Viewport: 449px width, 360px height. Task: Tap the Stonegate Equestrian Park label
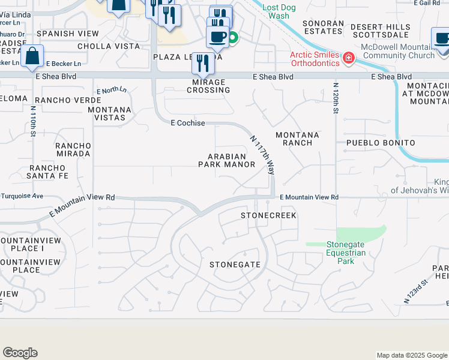[346, 253]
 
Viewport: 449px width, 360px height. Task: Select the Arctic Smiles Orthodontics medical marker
[348, 58]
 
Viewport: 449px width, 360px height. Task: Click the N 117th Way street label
[262, 154]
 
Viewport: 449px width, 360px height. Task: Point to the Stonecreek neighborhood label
[268, 215]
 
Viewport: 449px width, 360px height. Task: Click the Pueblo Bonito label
[381, 143]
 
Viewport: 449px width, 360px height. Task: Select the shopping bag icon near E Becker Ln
[32, 58]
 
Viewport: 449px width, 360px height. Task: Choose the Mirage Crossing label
[211, 86]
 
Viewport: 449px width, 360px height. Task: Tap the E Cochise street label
[188, 123]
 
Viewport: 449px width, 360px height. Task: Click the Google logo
[20, 353]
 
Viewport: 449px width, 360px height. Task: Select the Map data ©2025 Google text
[411, 355]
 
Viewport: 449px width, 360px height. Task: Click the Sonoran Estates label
[324, 27]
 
